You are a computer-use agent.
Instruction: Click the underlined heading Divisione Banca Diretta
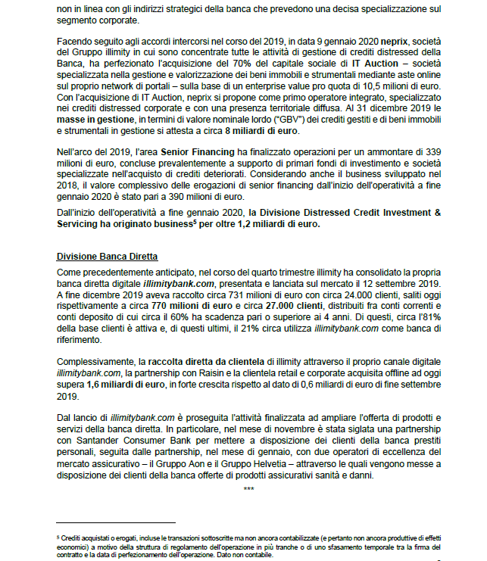(x=107, y=257)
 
